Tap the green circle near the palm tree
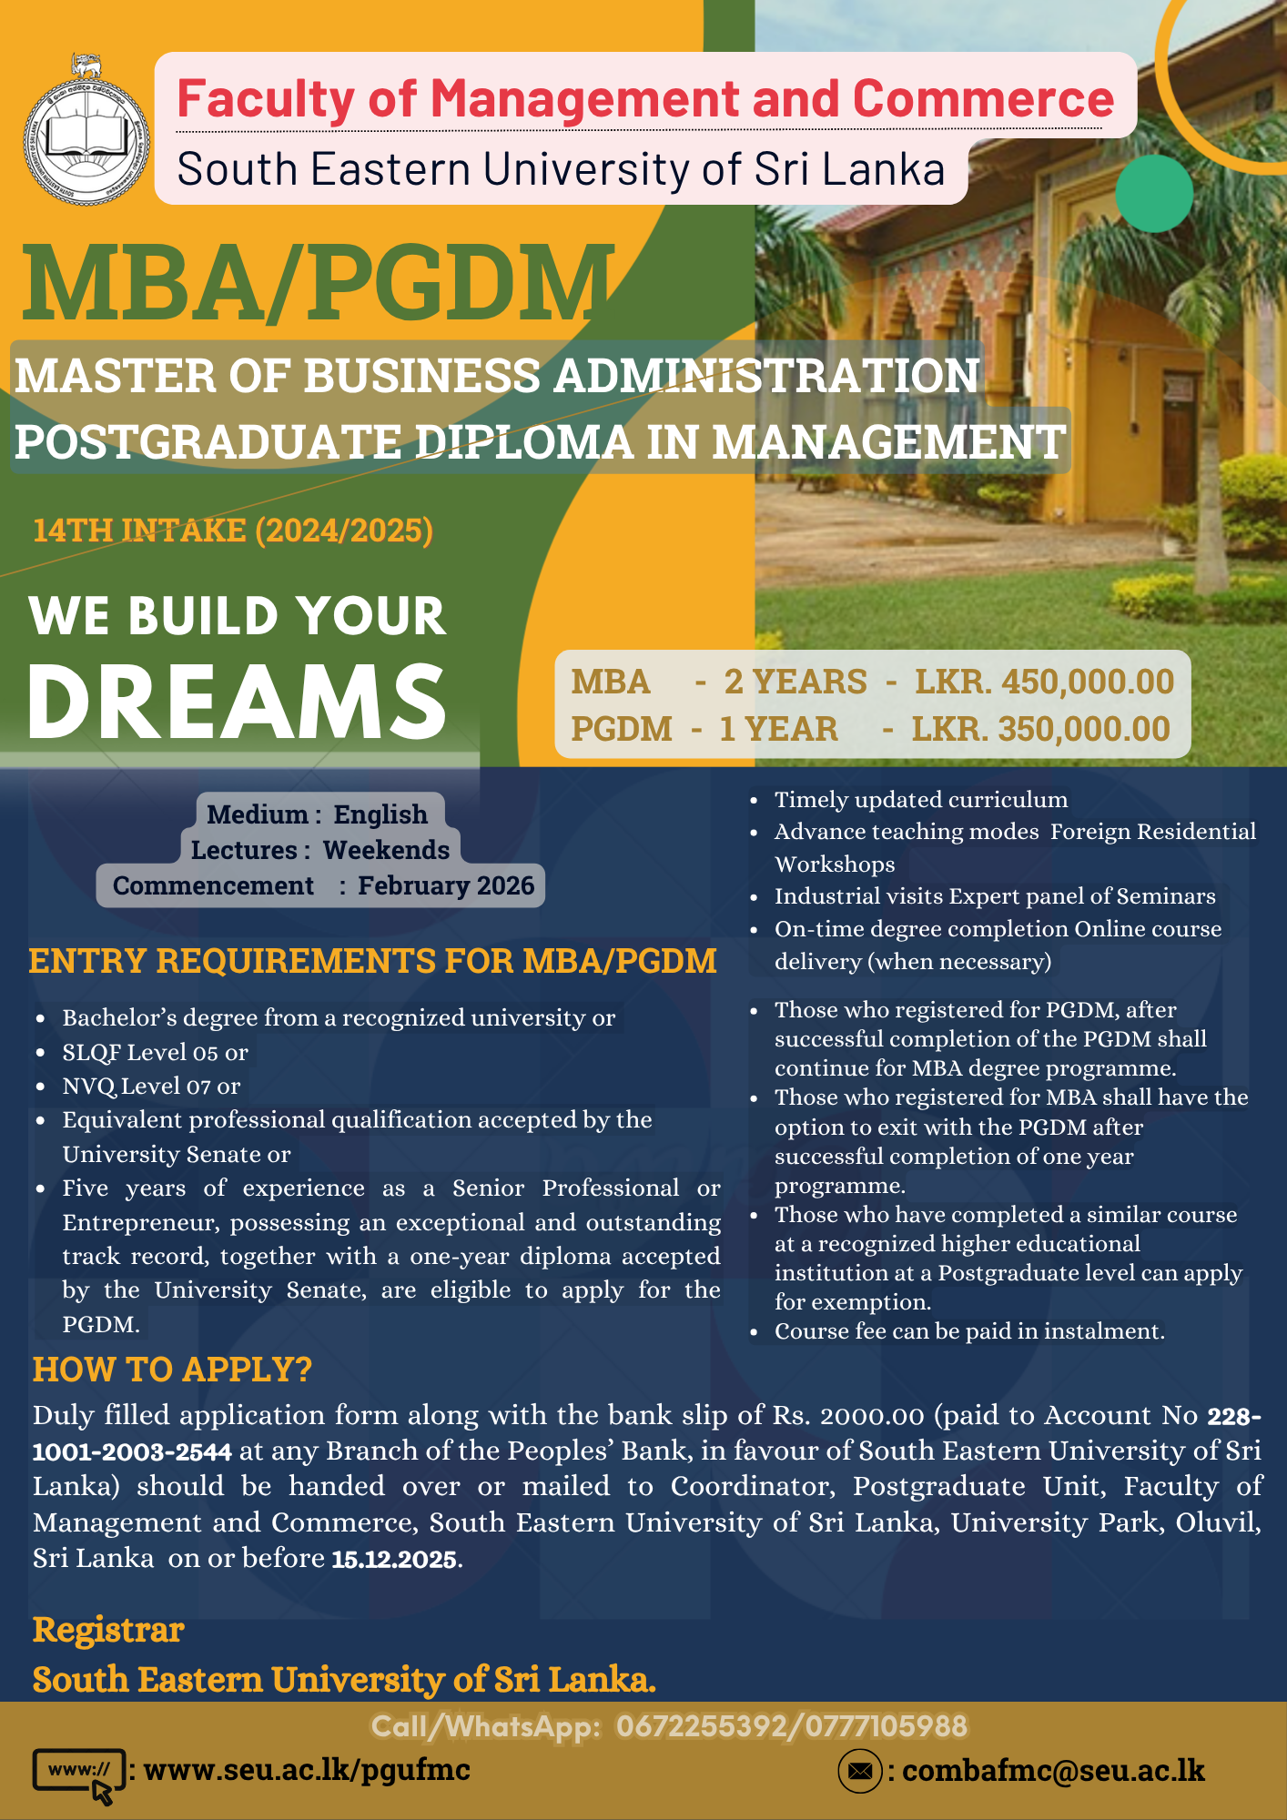point(1153,193)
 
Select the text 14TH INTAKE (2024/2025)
point(233,531)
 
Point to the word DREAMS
point(237,701)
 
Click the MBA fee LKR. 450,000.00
point(1044,682)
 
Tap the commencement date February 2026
point(445,885)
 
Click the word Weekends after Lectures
point(386,850)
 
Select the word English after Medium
point(380,814)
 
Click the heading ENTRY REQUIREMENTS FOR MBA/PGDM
point(372,961)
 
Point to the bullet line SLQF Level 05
point(155,1052)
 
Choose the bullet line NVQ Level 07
point(151,1086)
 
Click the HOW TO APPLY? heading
point(172,1370)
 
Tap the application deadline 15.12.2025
point(393,1560)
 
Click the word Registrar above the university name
point(108,1630)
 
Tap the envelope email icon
point(859,1771)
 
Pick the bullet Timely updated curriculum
point(920,800)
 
